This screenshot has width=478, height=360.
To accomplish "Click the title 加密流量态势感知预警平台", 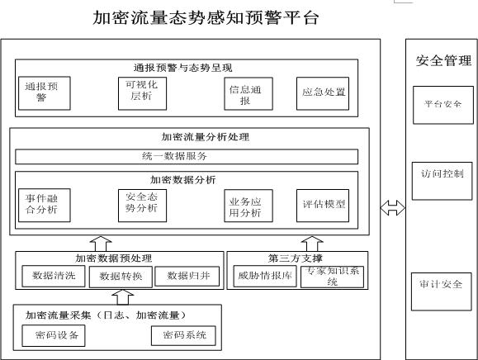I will click(205, 17).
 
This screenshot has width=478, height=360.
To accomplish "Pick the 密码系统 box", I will click(183, 334).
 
